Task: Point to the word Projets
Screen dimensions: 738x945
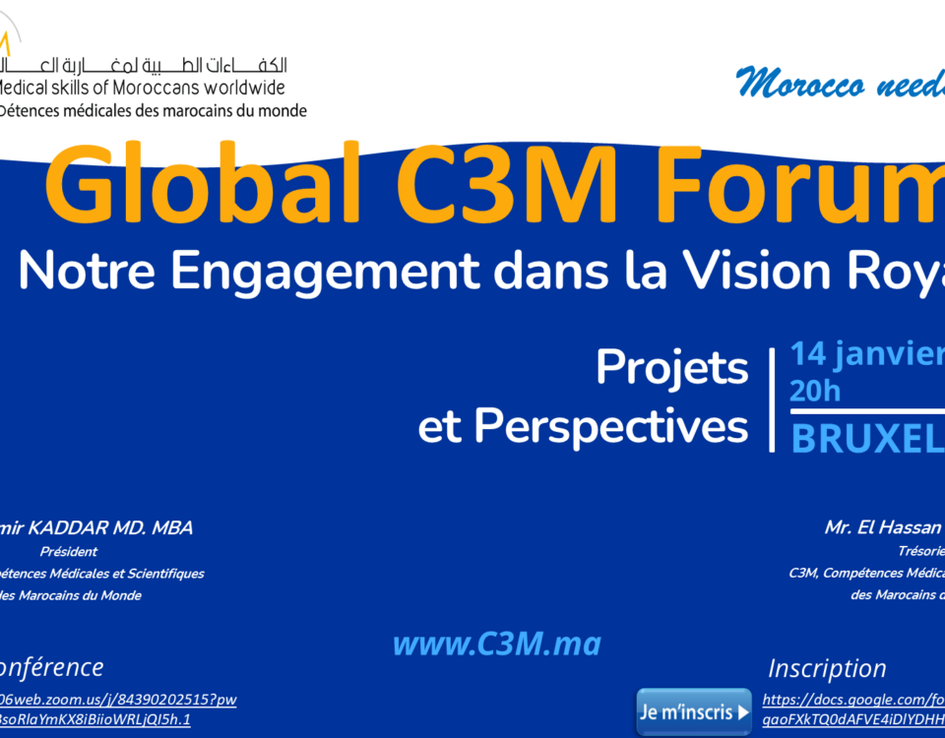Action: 672,368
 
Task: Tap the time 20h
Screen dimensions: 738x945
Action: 815,392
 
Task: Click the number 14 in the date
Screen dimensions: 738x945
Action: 808,353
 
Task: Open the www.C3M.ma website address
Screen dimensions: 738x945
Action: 496,645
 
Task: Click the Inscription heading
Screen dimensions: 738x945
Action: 827,668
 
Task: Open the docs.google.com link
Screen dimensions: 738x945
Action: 852,701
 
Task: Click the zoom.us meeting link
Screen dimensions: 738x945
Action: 118,700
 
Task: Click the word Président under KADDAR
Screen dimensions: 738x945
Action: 69,552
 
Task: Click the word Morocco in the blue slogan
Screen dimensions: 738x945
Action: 793,85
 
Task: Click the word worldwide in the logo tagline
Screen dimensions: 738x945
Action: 236,89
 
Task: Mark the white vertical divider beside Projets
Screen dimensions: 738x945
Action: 772,399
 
